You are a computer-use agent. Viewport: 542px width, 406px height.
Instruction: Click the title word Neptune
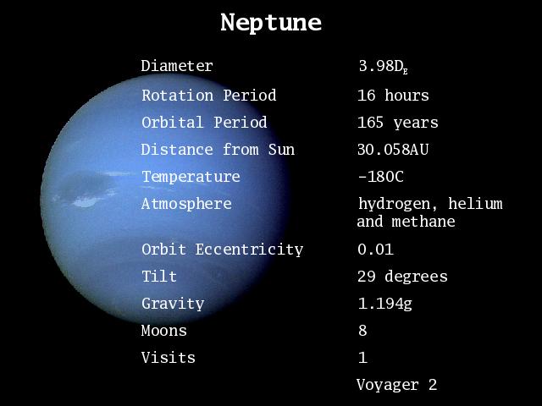click(271, 23)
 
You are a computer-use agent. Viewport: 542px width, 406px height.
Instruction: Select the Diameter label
click(177, 66)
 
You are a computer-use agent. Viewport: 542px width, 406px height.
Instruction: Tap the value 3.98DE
click(383, 66)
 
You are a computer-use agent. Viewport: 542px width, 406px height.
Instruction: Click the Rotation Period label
click(209, 96)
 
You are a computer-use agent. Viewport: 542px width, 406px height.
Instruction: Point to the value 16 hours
click(393, 96)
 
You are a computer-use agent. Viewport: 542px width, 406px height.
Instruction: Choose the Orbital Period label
click(204, 122)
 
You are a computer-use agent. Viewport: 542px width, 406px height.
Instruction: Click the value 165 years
click(397, 123)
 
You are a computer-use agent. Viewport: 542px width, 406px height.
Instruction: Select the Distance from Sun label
click(218, 150)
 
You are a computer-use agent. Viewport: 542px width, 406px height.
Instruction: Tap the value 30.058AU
click(393, 150)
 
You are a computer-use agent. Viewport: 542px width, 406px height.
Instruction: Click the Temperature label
click(191, 177)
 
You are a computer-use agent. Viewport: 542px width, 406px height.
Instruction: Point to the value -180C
click(380, 177)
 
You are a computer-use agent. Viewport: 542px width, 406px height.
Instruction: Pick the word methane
click(423, 222)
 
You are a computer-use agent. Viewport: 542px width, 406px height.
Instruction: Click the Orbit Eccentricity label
click(222, 250)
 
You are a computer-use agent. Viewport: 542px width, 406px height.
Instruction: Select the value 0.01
click(375, 250)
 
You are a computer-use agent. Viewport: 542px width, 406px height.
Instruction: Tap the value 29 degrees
click(402, 277)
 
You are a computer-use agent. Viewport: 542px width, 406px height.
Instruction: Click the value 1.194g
click(385, 304)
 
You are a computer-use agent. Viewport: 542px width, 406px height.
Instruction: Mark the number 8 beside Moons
click(362, 331)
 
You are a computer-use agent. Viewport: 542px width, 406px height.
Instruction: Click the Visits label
click(168, 357)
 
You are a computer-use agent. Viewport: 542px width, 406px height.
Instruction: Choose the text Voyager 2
click(396, 385)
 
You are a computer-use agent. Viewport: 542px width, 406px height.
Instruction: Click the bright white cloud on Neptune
click(86, 201)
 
